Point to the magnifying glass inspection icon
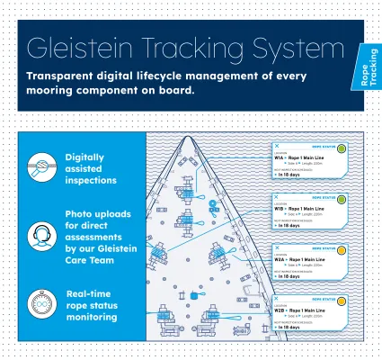tap(40, 167)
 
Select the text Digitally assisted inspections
tap(91, 167)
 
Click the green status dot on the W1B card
tap(342, 199)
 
